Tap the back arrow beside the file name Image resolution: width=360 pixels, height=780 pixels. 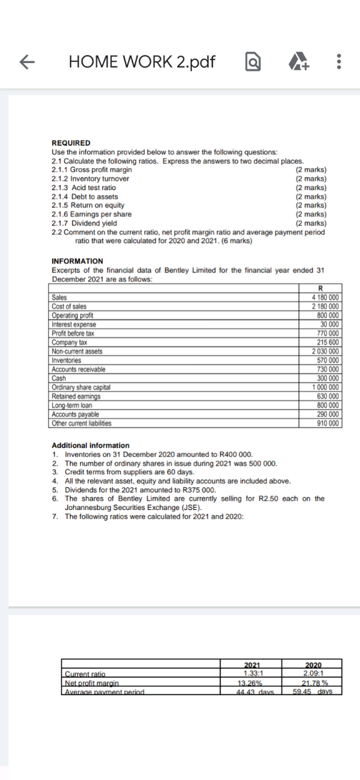[x=26, y=62]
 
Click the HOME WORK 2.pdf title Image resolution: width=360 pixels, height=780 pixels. [x=142, y=62]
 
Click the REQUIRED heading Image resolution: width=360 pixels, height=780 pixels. [x=71, y=142]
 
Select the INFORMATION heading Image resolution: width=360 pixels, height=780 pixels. [x=77, y=261]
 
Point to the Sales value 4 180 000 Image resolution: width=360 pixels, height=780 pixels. [x=325, y=297]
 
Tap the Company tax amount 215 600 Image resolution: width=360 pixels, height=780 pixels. [x=329, y=342]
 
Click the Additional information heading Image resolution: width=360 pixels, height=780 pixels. [x=91, y=445]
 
